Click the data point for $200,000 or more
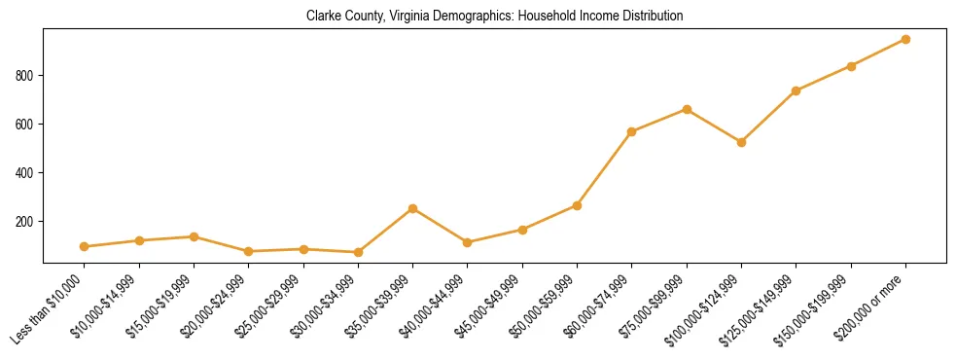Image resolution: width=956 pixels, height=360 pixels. coord(905,39)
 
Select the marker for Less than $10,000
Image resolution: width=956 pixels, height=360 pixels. coord(85,247)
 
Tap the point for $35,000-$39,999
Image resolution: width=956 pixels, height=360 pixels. coord(413,208)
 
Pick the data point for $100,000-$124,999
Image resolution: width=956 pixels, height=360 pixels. coord(741,142)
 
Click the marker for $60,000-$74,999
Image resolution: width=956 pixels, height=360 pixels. coord(632,131)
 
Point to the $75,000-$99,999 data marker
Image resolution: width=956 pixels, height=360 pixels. coord(687,109)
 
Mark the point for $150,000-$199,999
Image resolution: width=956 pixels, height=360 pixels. coord(851,66)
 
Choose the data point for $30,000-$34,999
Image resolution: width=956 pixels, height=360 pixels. coord(358,252)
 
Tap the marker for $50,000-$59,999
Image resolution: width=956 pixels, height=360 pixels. coord(577,205)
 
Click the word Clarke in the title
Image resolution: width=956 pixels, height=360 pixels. coord(322,17)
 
